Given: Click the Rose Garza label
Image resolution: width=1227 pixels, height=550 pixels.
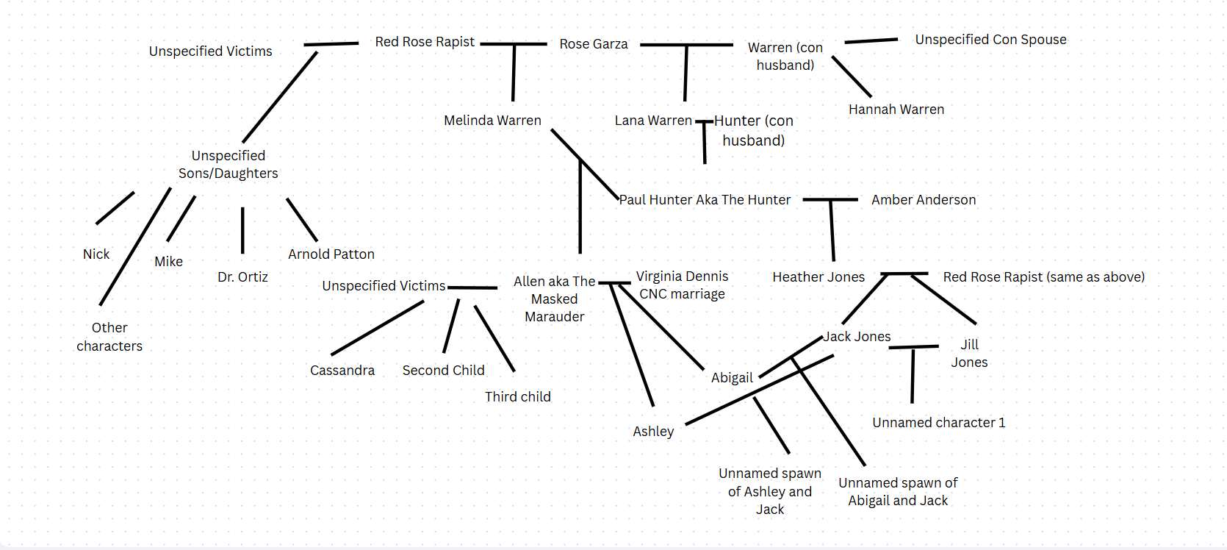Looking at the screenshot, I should click(x=594, y=44).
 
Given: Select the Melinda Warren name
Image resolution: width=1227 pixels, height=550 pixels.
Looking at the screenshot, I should click(x=492, y=121).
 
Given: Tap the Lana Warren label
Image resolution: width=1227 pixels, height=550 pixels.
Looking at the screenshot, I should click(x=653, y=121).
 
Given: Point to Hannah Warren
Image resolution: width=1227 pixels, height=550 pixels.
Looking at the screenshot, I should click(x=896, y=110).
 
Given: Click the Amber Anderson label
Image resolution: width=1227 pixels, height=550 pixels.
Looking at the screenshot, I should click(x=924, y=200).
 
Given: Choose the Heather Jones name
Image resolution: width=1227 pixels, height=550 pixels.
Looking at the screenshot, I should click(x=818, y=277).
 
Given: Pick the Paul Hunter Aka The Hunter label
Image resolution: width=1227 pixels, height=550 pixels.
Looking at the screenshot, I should click(x=705, y=200).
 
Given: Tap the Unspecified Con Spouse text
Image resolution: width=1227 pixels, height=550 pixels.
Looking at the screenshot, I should click(x=990, y=40).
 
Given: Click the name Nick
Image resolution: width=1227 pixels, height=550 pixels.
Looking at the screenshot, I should click(x=96, y=254).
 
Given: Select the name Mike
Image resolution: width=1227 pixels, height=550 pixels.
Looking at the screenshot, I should click(x=169, y=262).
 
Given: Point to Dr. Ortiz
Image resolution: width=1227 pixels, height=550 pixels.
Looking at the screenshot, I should click(x=242, y=277).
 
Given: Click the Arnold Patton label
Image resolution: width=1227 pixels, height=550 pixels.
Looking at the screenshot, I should click(x=331, y=254).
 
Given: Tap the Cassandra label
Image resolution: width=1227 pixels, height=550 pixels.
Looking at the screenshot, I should click(x=342, y=371).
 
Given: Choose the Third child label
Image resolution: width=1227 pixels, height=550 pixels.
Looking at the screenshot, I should click(x=518, y=397).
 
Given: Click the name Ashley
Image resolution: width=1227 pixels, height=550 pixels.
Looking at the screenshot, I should click(x=653, y=432).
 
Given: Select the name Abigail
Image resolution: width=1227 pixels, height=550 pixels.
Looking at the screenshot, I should click(x=732, y=378).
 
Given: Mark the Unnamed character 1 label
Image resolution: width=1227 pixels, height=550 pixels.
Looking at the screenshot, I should click(x=938, y=423).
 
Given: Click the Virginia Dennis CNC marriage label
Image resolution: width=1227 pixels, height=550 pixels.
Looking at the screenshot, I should click(x=682, y=285).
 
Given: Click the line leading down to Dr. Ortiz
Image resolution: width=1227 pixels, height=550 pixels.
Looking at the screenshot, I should click(x=242, y=230).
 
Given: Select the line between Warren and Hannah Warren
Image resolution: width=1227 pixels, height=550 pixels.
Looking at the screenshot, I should click(x=852, y=76).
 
